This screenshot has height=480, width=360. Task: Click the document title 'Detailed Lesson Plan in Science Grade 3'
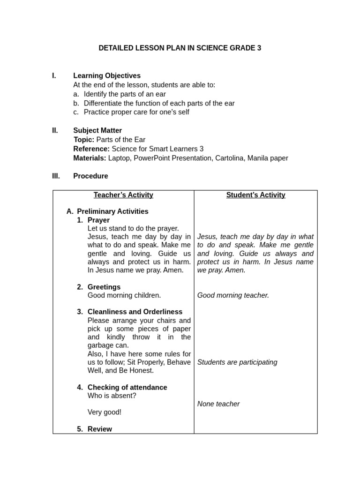[x=180, y=48]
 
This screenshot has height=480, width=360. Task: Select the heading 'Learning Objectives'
[x=107, y=75]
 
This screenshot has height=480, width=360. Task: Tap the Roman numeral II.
[x=55, y=131]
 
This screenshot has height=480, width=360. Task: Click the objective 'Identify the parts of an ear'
[x=125, y=94]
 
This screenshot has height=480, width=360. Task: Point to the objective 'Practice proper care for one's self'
[x=136, y=112]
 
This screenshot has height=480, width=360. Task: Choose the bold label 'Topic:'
[x=84, y=140]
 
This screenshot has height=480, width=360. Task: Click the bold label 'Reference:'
[x=91, y=149]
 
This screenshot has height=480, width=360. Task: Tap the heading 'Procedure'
[x=90, y=176]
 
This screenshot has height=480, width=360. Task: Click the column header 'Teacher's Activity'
[x=123, y=195]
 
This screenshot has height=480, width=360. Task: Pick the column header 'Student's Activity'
[x=255, y=195]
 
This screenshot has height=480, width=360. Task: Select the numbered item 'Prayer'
[x=98, y=220]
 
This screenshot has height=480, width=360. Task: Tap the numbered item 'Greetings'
[x=104, y=287]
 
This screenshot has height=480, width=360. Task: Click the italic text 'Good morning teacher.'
[x=233, y=295]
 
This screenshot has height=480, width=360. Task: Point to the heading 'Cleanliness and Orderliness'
[x=135, y=312]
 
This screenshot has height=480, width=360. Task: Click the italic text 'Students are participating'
[x=237, y=362]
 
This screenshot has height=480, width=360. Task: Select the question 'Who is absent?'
[x=112, y=396]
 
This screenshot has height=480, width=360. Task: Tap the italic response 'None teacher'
[x=218, y=404]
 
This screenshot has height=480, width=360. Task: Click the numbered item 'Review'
[x=100, y=429]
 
